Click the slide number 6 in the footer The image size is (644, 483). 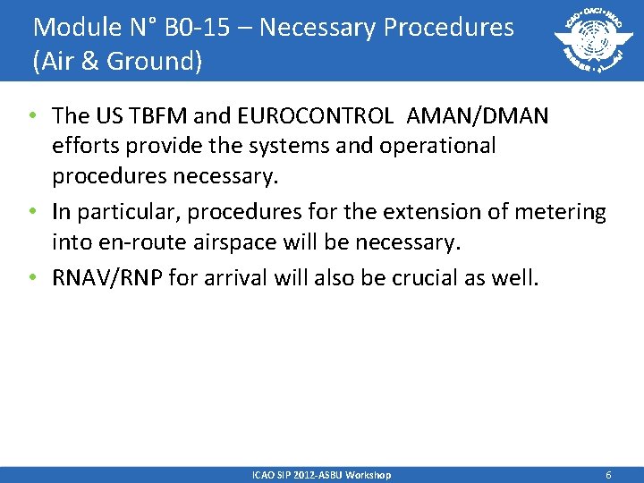click(x=608, y=475)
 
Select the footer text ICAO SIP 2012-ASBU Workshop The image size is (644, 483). click(x=321, y=475)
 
